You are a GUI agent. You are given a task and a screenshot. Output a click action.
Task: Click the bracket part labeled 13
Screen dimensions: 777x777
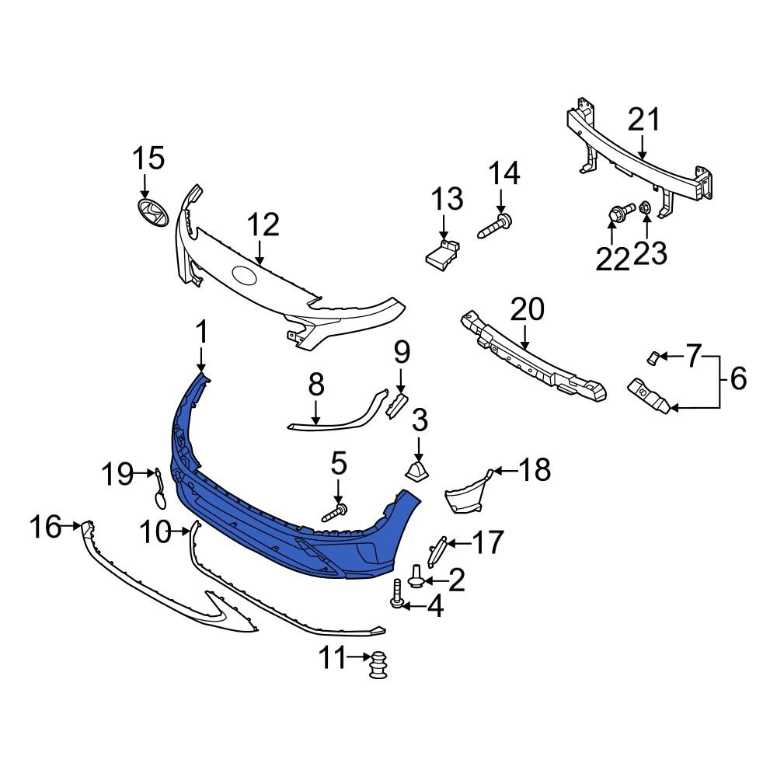(442, 255)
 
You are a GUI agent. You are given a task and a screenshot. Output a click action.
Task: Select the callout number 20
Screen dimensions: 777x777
(528, 310)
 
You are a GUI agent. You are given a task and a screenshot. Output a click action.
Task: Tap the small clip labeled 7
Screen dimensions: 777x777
(653, 357)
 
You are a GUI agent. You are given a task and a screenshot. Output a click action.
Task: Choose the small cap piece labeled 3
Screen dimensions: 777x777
(418, 471)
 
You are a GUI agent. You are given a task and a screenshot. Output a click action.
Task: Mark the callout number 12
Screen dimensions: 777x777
(263, 225)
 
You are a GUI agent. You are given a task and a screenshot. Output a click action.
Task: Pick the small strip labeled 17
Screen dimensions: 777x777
(437, 551)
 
